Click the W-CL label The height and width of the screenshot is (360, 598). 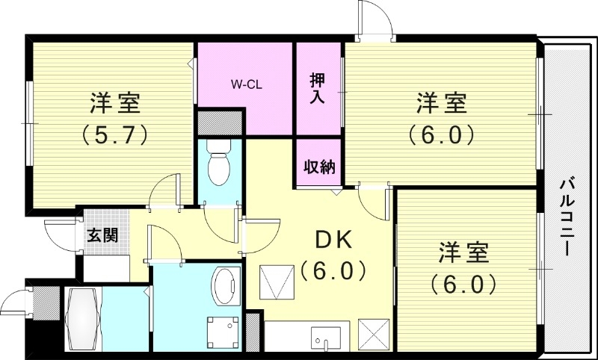point(244,85)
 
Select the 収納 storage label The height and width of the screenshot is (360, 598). point(318,167)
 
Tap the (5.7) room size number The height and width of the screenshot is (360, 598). point(114,135)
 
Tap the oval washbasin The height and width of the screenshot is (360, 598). point(224,287)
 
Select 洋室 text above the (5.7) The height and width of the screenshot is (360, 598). point(116,102)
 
